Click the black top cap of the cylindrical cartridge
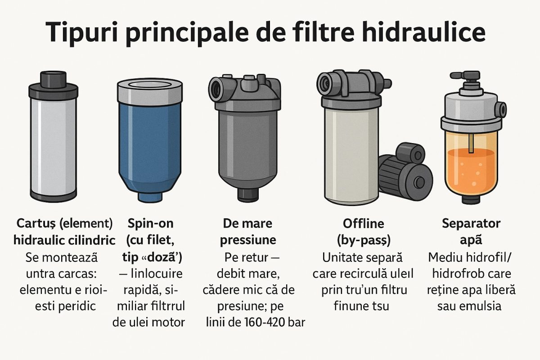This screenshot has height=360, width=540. point(53,80)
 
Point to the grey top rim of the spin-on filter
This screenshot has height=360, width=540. point(149,90)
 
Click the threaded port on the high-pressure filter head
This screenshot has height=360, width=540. point(216,85)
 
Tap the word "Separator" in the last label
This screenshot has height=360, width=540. point(471,224)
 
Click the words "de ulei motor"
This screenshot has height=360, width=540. point(148,322)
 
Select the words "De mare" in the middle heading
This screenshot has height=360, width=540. point(247,224)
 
